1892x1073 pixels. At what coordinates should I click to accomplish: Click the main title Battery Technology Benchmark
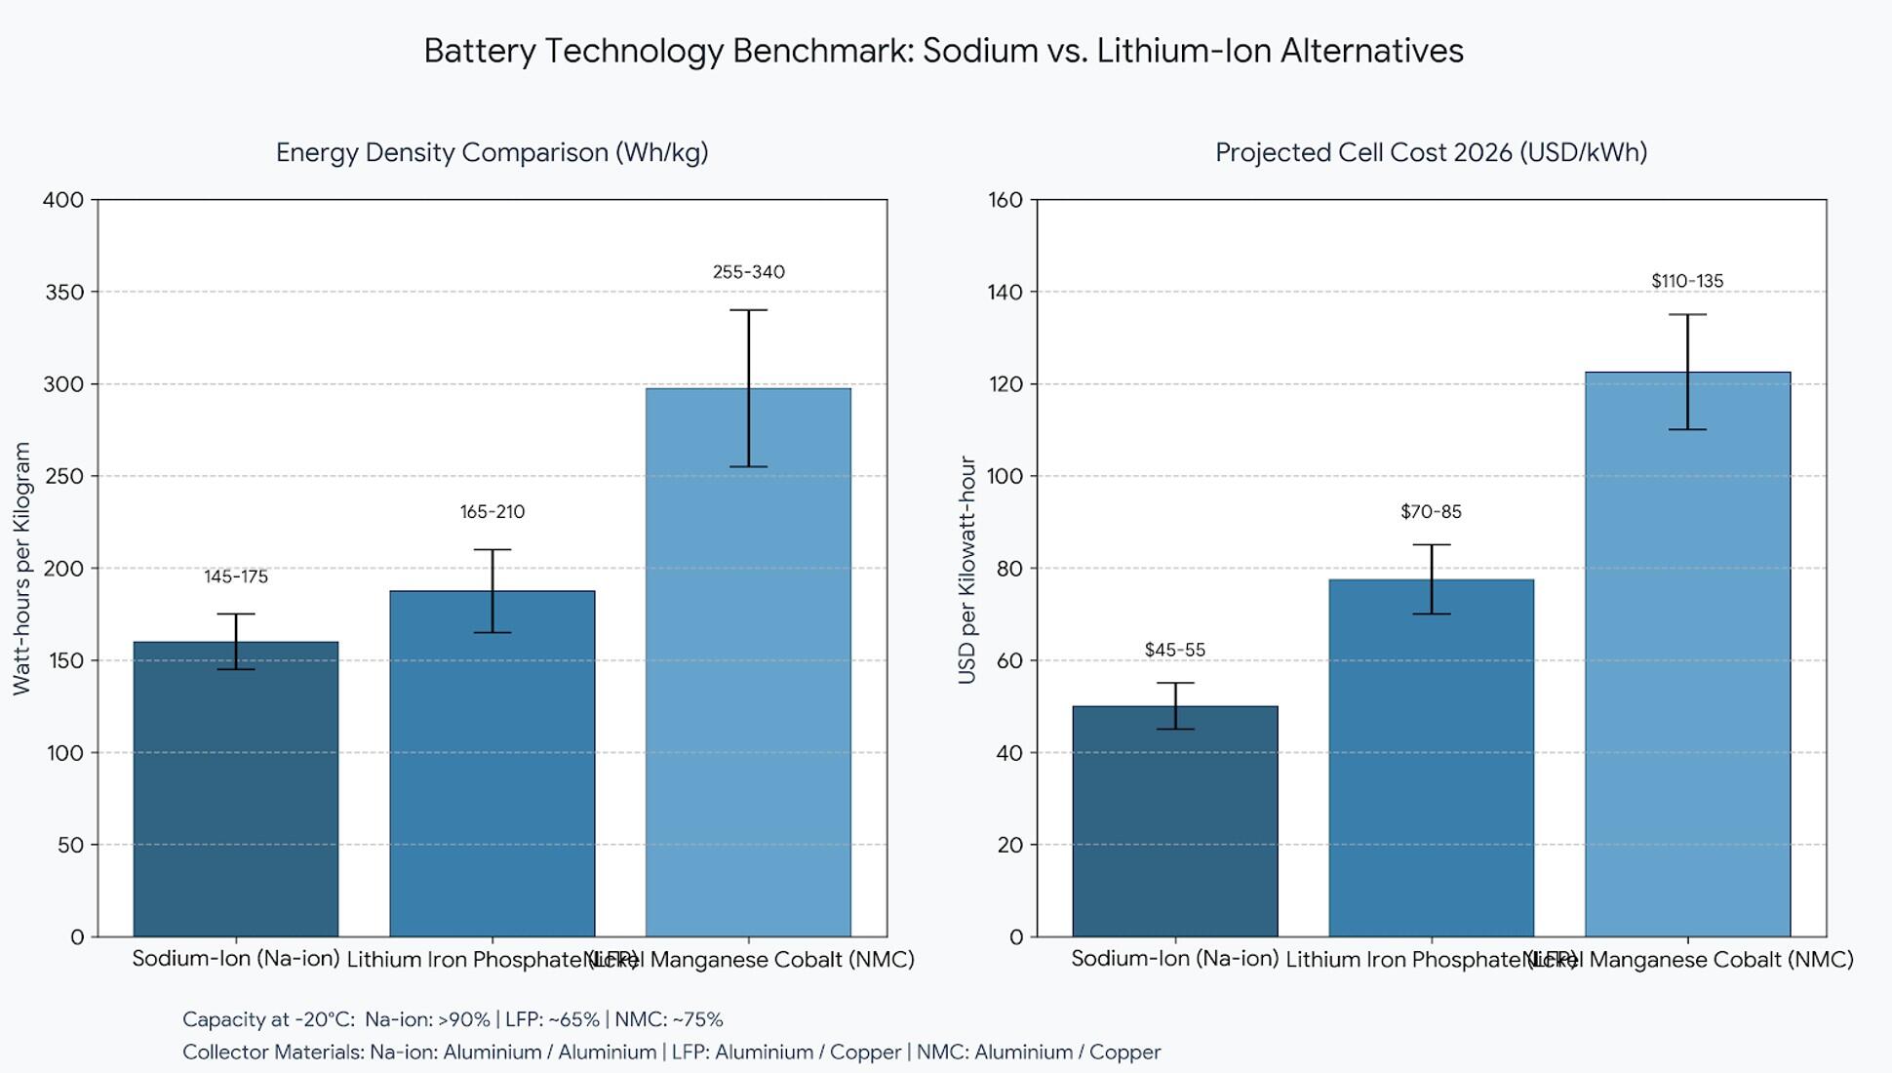click(943, 51)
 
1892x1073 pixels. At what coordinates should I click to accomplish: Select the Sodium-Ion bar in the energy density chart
click(236, 790)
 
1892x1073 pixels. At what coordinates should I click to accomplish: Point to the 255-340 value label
click(748, 272)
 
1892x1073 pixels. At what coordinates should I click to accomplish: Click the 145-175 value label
click(236, 576)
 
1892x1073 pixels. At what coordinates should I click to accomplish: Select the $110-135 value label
click(1687, 281)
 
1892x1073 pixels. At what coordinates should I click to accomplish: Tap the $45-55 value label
click(1174, 650)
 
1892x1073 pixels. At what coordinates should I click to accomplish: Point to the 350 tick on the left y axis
click(64, 292)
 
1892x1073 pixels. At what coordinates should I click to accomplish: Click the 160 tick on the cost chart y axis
click(1005, 200)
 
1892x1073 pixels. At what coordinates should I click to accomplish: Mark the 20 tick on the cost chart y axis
click(1009, 845)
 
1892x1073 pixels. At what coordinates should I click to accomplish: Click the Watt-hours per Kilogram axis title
click(22, 568)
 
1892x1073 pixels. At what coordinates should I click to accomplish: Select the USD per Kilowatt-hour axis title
click(966, 570)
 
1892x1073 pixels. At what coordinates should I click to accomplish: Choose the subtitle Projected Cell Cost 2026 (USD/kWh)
click(1431, 152)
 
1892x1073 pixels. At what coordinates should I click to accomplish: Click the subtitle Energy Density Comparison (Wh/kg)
click(492, 152)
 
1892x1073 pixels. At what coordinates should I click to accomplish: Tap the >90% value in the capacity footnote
click(464, 1019)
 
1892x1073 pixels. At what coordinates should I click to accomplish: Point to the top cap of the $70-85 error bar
click(1431, 545)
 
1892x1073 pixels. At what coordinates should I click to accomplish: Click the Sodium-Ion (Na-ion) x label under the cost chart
click(1174, 959)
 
